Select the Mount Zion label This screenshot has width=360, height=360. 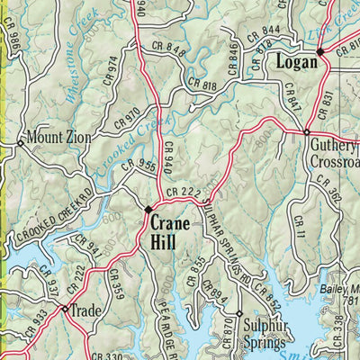tap(56, 138)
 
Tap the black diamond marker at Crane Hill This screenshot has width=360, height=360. tap(149, 210)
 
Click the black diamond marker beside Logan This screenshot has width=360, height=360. tap(319, 51)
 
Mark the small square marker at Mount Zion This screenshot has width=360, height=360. tap(20, 142)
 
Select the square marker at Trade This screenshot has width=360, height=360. tap(65, 309)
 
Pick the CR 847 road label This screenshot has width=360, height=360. tap(290, 94)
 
